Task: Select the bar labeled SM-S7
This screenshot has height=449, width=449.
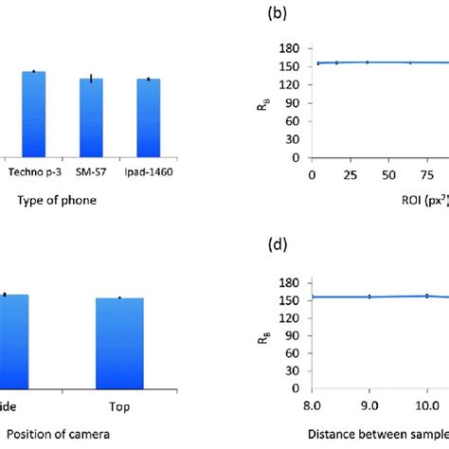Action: coord(91,117)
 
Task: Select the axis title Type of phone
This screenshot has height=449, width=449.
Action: coord(56,202)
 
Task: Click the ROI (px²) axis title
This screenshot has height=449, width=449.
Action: coord(422,202)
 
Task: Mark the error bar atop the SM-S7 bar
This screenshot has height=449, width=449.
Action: coord(91,78)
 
